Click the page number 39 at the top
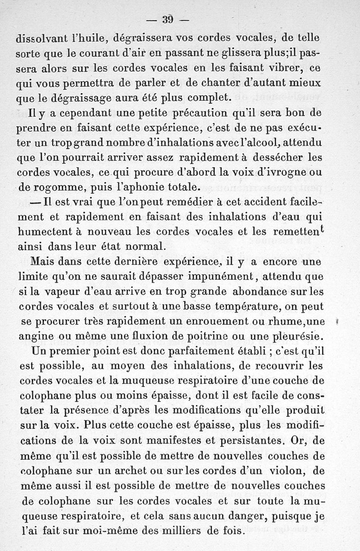tap(168, 19)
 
